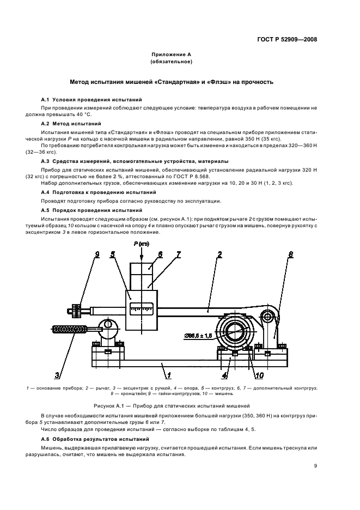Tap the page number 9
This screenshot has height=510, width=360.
click(316, 466)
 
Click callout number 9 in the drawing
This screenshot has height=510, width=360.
click(97, 254)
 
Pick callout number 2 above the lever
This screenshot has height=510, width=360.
click(219, 254)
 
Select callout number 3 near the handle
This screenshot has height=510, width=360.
click(57, 374)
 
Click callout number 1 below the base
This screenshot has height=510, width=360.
click(169, 374)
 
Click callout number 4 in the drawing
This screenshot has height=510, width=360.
click(223, 374)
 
